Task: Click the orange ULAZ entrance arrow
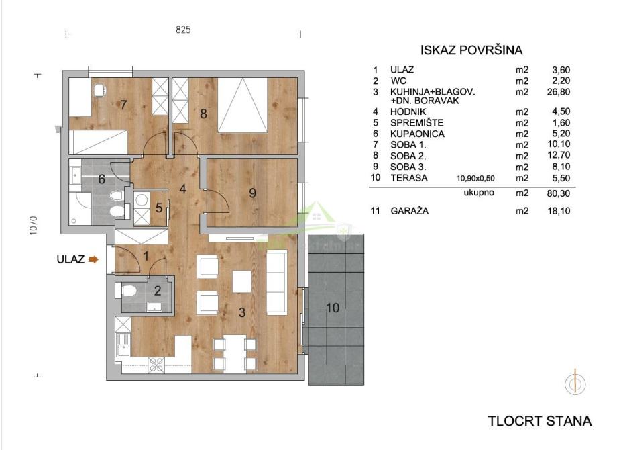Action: click(94, 259)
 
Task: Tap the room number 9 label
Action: click(253, 193)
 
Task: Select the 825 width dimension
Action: click(183, 30)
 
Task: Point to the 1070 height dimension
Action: click(34, 226)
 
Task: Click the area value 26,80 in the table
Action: click(561, 92)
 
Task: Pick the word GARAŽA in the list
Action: click(409, 211)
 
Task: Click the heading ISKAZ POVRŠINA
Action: click(471, 50)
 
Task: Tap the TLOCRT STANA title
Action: click(540, 421)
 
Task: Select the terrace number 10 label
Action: click(333, 308)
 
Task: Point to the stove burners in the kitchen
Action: click(157, 365)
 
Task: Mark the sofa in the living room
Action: click(276, 283)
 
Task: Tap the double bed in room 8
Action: click(243, 105)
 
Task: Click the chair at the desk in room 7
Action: click(99, 90)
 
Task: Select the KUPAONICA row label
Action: click(418, 134)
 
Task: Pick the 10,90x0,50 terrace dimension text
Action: click(475, 178)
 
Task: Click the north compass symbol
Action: click(575, 383)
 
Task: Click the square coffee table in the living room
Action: click(241, 281)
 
